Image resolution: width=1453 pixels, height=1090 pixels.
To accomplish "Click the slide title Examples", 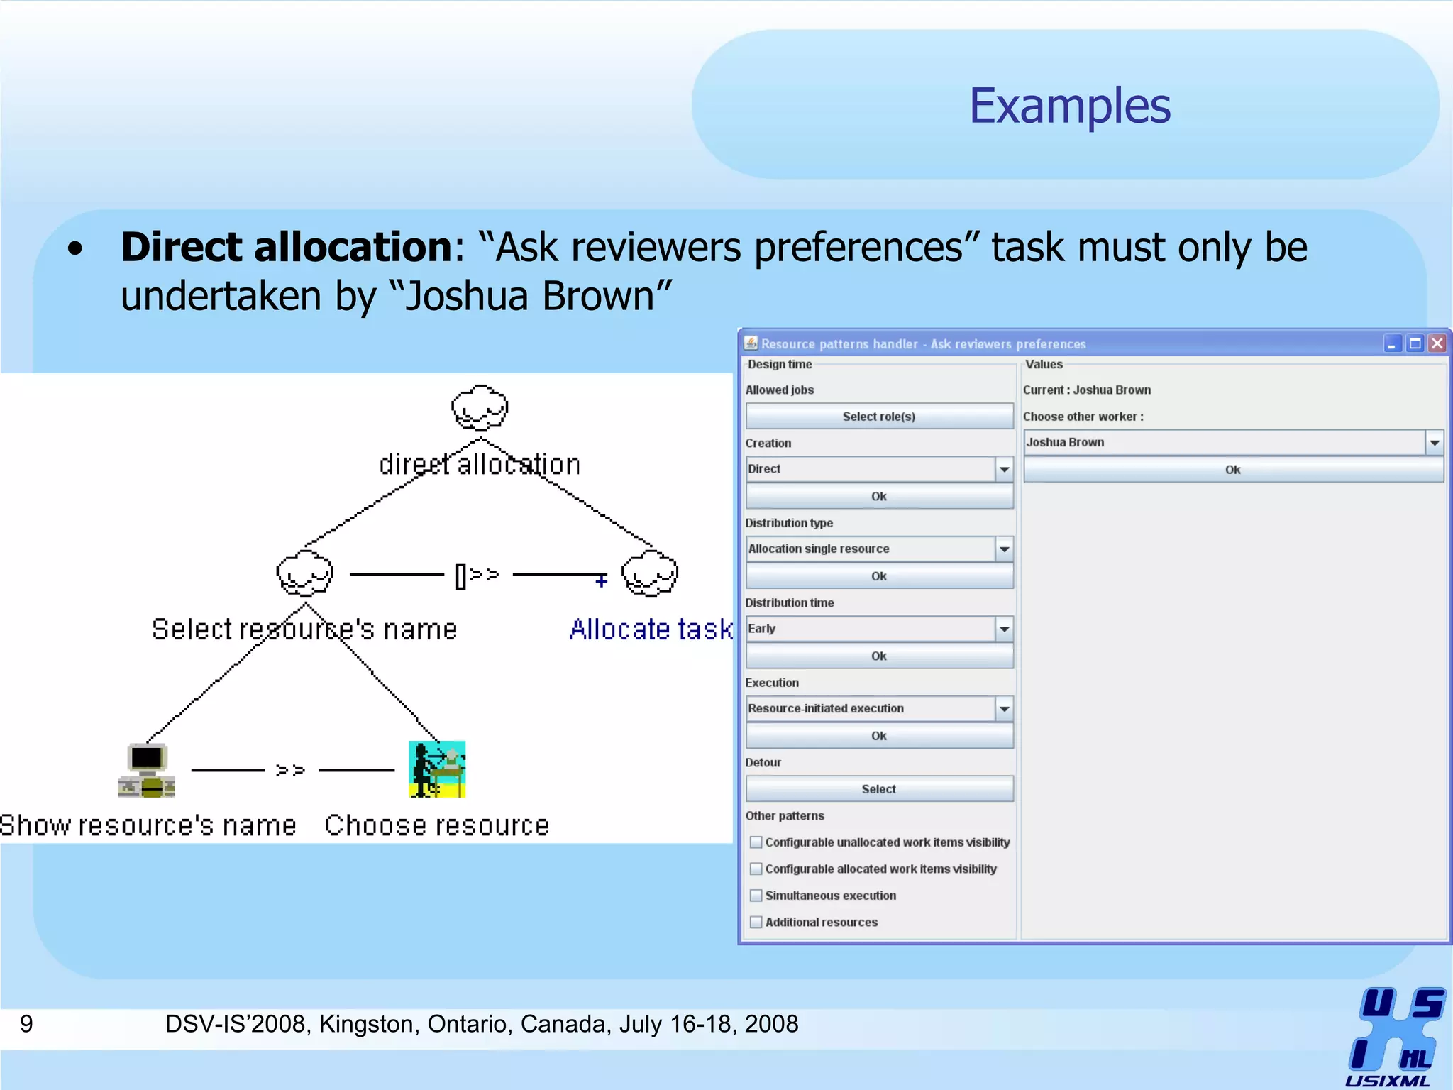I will pyautogui.click(x=1069, y=106).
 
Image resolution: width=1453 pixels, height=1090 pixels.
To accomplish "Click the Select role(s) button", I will pyautogui.click(x=879, y=417).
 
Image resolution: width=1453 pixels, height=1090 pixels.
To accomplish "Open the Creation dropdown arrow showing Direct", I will pyautogui.click(x=1004, y=469).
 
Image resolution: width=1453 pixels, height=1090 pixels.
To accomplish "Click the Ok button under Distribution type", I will pyautogui.click(x=879, y=576).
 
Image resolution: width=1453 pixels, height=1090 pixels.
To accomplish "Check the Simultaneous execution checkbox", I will pyautogui.click(x=756, y=896).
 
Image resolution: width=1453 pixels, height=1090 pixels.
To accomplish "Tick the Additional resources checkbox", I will pyautogui.click(x=756, y=922).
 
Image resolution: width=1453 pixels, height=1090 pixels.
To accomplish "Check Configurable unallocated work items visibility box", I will pyautogui.click(x=756, y=842).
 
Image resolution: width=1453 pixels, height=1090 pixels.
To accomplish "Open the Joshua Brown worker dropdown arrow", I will pyautogui.click(x=1435, y=443).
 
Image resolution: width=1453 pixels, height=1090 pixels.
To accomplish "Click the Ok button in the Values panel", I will pyautogui.click(x=1233, y=470).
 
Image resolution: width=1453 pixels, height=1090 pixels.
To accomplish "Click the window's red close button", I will pyautogui.click(x=1437, y=343).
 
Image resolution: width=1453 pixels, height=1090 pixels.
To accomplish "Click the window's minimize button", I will pyautogui.click(x=1392, y=343).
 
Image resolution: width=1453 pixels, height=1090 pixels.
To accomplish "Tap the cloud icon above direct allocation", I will pyautogui.click(x=480, y=408).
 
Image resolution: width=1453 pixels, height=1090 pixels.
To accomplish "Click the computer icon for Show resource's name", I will pyautogui.click(x=146, y=770).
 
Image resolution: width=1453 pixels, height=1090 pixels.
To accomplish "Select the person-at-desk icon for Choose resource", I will pyautogui.click(x=437, y=769).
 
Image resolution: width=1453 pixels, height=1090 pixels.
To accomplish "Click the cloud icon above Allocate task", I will pyautogui.click(x=650, y=573).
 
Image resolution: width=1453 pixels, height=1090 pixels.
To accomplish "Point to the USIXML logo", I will pyautogui.click(x=1393, y=1036).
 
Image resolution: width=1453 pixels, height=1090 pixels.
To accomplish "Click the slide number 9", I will pyautogui.click(x=26, y=1024).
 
